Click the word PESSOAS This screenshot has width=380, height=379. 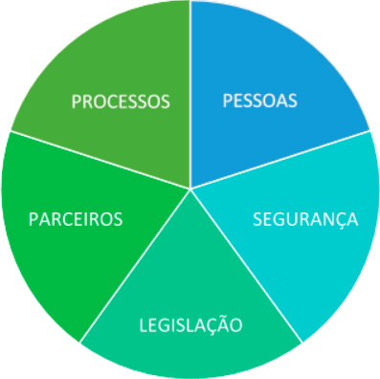[260, 100]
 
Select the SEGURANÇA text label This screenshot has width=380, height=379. [305, 218]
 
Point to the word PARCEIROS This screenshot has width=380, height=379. [76, 219]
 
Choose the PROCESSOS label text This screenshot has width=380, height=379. [122, 100]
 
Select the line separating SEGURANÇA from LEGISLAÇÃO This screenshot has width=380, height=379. [249, 268]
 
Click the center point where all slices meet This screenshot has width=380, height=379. [190, 188]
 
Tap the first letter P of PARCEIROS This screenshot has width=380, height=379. [34, 219]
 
